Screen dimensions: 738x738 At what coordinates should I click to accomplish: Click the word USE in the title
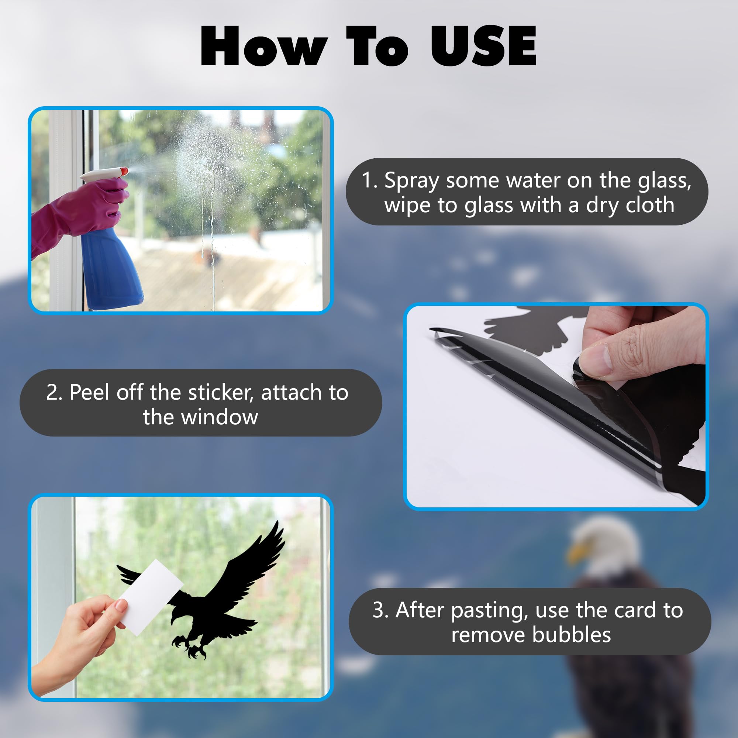[x=484, y=46]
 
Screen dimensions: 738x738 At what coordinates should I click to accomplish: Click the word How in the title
[x=264, y=46]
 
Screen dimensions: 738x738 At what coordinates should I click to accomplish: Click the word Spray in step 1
[x=411, y=181]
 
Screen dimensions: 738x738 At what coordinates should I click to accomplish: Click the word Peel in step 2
[x=90, y=393]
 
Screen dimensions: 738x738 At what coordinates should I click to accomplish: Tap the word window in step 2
[x=220, y=417]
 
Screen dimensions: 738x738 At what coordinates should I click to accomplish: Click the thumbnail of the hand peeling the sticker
[x=556, y=407]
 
